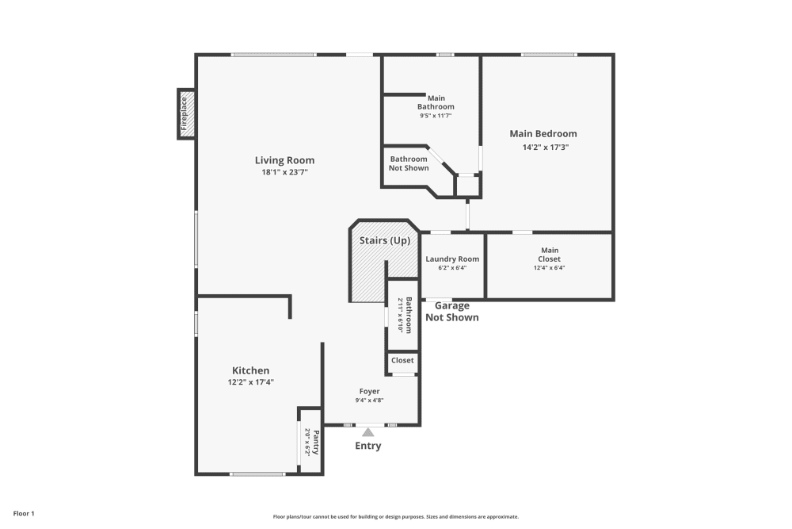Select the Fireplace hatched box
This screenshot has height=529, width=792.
point(185,113)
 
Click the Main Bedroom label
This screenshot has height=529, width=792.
point(543,134)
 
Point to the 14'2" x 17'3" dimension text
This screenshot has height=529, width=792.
point(545,147)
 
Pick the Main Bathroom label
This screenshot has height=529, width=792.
point(436,102)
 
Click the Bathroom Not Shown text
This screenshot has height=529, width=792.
point(409,163)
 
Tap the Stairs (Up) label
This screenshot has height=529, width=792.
point(385,240)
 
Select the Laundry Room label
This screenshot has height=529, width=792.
point(452,259)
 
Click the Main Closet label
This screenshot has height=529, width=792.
point(549,255)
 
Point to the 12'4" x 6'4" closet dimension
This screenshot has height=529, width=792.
point(549,268)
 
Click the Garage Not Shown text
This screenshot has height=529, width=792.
point(451,312)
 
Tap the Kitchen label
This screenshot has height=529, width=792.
point(250,370)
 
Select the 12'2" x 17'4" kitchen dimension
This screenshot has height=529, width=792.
point(250,382)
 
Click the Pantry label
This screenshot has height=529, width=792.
point(315,442)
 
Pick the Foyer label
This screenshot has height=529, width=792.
point(369,391)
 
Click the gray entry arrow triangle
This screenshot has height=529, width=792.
point(367,432)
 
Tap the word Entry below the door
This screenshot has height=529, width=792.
point(367,446)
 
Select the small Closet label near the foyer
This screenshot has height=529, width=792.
point(402,360)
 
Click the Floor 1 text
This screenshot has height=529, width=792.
point(24,514)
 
